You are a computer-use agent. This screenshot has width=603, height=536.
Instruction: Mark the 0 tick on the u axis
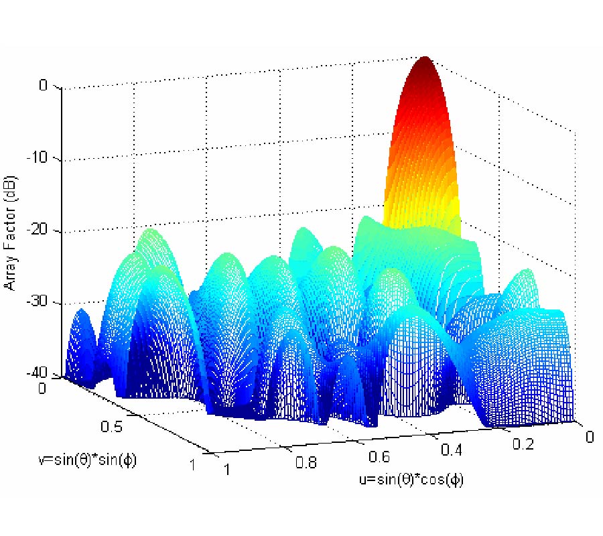click(589, 436)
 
